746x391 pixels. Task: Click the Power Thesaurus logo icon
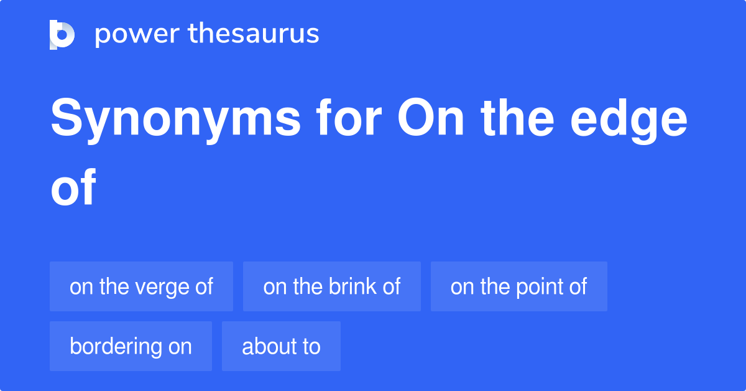coord(62,34)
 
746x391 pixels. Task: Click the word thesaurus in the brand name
coord(254,34)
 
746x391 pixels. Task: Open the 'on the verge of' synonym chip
coord(141,286)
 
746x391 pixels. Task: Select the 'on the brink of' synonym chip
coord(331,286)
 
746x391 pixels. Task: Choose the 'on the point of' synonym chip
coord(518,286)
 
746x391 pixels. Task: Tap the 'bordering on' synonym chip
coord(131,346)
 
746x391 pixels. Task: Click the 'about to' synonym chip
coord(281,346)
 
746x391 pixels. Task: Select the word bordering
coord(113,346)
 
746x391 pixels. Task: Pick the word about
coord(266,346)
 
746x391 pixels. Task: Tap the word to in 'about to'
coord(311,346)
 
